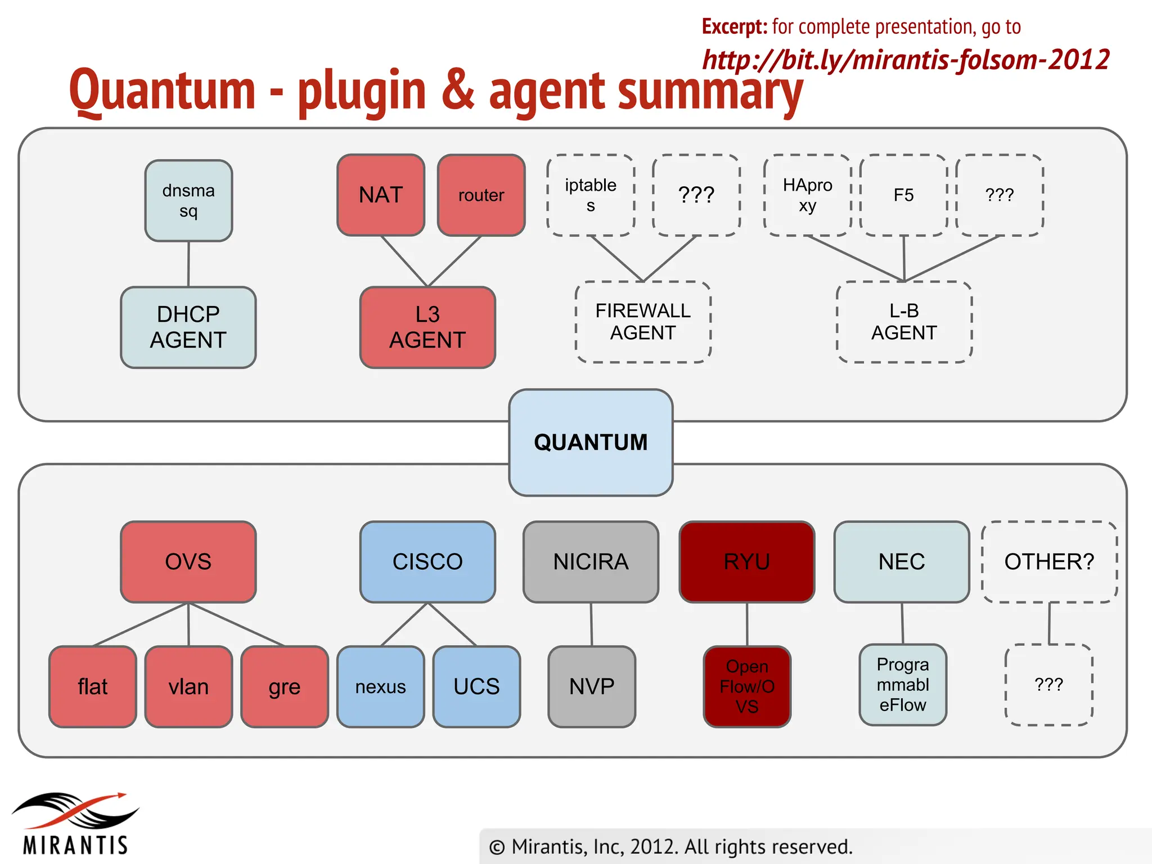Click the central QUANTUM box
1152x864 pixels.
[591, 442]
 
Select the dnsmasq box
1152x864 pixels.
[188, 201]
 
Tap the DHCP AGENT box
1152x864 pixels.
[188, 327]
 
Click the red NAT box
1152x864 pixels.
[381, 195]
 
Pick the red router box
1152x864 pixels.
[481, 195]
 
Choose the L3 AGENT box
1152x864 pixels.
[427, 327]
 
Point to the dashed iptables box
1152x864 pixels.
[591, 195]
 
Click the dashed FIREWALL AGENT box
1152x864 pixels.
[643, 322]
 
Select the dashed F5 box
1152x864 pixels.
[903, 195]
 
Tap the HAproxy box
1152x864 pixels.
[807, 195]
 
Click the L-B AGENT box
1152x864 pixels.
[904, 322]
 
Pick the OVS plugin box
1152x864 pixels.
[188, 562]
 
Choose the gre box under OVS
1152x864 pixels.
[285, 687]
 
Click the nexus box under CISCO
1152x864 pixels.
[381, 687]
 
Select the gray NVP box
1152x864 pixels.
[592, 687]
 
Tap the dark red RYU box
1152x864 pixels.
[747, 562]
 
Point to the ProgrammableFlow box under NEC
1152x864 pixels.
[903, 685]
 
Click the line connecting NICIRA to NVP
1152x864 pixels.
[591, 624]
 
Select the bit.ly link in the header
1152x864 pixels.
[906, 60]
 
